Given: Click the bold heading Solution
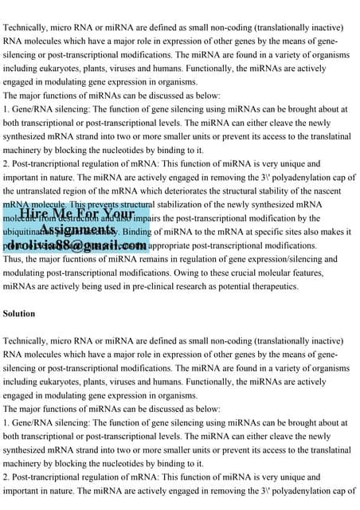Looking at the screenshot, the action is point(20,314).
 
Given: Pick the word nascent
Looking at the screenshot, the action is point(340,191).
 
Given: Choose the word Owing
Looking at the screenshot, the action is point(214,273).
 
